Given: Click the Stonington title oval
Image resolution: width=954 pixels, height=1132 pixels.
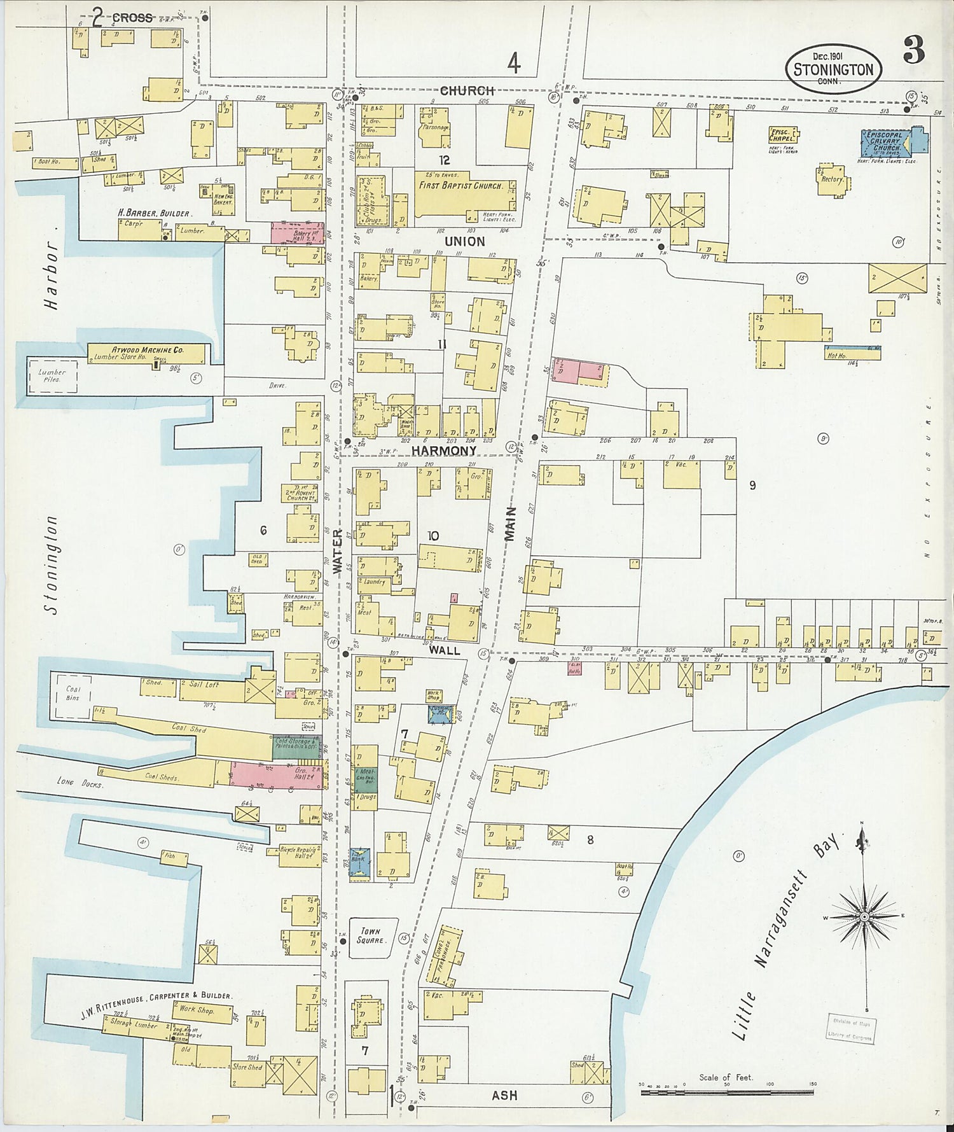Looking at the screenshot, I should coord(834,69).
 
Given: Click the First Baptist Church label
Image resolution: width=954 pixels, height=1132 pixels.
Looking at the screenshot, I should coord(460,186).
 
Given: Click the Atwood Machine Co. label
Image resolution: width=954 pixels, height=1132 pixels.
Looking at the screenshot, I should coord(148,350).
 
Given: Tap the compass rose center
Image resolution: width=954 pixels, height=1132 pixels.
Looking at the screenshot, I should coord(864,916).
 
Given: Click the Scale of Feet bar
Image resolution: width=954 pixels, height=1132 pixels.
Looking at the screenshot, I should coord(726,1093).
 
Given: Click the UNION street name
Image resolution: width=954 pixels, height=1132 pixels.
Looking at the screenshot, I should coord(464,241).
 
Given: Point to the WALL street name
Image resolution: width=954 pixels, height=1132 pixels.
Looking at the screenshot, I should coord(444,651).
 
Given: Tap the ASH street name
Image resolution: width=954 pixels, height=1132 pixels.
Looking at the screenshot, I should coord(504,1095).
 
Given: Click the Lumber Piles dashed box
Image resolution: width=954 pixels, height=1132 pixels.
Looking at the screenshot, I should coord(52,375).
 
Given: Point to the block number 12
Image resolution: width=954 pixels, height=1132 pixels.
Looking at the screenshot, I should coord(443,160).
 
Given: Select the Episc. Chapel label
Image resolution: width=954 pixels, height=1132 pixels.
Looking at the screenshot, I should coord(782,134).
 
